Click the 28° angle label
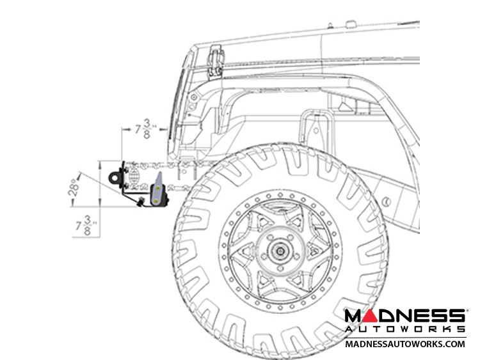(73, 187)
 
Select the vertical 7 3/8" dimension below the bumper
(86, 226)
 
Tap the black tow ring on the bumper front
(115, 177)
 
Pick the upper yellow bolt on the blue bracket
(157, 188)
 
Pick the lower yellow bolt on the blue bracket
(156, 201)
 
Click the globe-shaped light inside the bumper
(134, 175)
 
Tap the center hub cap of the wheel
(280, 251)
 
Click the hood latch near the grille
(216, 61)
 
